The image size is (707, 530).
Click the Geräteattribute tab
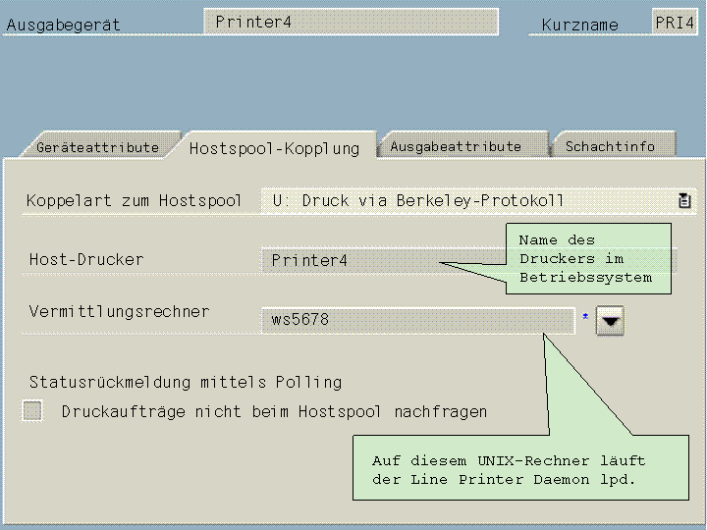coord(97,147)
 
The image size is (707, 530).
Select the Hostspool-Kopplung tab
coord(274,148)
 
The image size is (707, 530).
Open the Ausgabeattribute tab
coord(456,146)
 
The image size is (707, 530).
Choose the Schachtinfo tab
coord(610,146)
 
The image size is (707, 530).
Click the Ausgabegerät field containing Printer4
coord(350,22)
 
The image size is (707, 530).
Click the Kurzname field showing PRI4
coord(675,22)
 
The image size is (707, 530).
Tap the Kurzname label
coord(580,26)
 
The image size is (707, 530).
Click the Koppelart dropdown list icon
coord(684,200)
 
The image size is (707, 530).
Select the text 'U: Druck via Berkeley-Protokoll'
coord(418,200)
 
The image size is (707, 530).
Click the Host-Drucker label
coord(86,259)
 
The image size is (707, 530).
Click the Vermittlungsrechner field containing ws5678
coord(417,320)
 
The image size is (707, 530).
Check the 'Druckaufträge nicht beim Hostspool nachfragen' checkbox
coord(33,411)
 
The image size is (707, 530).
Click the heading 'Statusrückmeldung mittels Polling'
coord(186,382)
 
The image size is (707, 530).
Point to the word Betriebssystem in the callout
coord(585,277)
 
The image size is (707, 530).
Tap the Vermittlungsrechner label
coord(119,311)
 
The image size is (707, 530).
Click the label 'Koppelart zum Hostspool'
coord(135,200)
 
